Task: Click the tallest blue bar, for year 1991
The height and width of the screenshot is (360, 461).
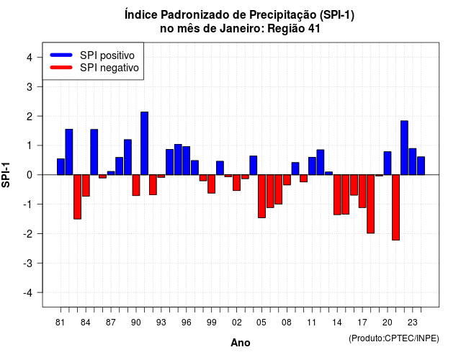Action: [x=144, y=143]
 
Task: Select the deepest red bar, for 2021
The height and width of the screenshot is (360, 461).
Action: [x=395, y=207]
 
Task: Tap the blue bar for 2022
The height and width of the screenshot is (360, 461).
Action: [x=404, y=148]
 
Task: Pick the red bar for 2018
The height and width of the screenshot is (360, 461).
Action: [x=371, y=204]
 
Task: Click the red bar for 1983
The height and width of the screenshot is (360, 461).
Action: [x=77, y=197]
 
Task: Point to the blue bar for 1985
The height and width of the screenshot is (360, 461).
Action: [x=94, y=152]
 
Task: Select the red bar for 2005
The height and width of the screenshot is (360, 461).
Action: [x=261, y=197]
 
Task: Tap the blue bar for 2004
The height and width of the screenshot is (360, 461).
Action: [x=254, y=166]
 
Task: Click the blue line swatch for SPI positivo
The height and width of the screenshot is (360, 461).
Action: [x=61, y=55]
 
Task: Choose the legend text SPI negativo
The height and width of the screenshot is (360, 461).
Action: [x=109, y=68]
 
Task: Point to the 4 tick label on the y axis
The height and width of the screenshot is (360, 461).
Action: [x=30, y=58]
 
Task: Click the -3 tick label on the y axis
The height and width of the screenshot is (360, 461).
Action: [x=28, y=263]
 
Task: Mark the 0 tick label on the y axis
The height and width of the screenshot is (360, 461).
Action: [x=30, y=175]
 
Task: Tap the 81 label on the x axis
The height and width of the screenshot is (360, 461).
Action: [x=60, y=323]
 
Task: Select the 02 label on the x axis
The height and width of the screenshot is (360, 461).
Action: [x=237, y=323]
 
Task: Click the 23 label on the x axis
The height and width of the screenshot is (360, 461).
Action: [x=412, y=323]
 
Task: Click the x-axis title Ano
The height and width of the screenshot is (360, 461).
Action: [x=241, y=343]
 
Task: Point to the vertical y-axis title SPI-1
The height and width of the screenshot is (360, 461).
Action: [x=6, y=175]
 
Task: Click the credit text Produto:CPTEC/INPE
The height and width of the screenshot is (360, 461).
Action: [x=394, y=338]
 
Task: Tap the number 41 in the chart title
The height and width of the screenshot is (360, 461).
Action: [x=314, y=29]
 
